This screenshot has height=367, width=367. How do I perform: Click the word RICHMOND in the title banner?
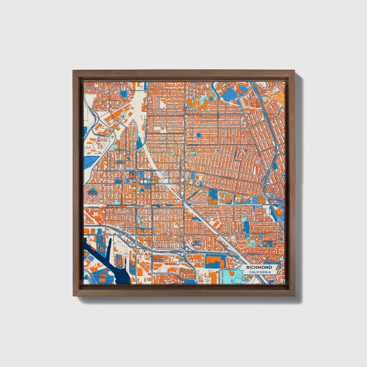(259, 267)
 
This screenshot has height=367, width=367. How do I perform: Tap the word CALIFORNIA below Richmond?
(260, 272)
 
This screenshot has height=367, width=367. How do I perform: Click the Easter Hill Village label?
(196, 243)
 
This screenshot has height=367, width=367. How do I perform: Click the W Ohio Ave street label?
(93, 208)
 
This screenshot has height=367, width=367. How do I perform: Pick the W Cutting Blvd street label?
(91, 235)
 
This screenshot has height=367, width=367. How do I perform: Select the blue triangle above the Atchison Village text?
(92, 189)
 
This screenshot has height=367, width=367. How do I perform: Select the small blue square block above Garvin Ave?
(198, 136)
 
